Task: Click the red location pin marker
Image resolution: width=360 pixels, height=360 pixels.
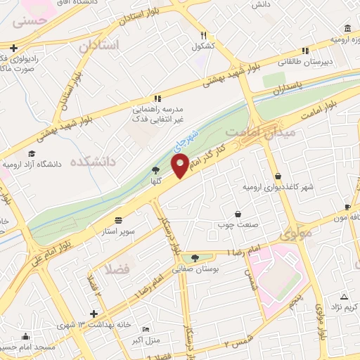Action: point(180,167)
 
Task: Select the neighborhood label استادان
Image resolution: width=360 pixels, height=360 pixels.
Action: point(99,46)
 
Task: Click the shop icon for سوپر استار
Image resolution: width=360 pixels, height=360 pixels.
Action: point(117,219)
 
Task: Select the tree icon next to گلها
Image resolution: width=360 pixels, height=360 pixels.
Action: point(155,170)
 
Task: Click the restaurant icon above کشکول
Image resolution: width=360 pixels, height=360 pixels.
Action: point(203,34)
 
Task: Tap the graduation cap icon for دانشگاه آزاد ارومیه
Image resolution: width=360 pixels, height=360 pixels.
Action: point(32,153)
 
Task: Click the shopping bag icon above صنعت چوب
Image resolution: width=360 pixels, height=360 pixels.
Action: point(238,214)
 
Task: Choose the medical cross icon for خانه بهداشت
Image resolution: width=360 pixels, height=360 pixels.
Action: point(94,313)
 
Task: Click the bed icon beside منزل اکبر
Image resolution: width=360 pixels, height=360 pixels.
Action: point(146,329)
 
